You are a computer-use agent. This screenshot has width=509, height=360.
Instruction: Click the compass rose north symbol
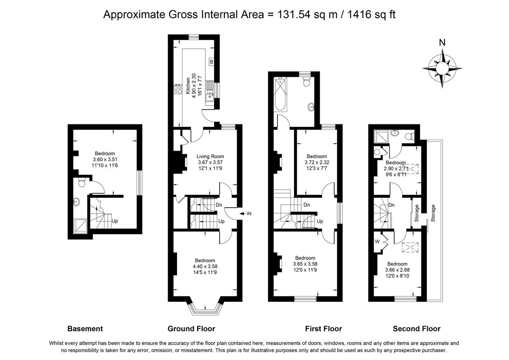(x=442, y=68)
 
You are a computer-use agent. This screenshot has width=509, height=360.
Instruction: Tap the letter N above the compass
(x=442, y=42)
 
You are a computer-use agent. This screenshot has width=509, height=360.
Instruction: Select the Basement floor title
(x=85, y=329)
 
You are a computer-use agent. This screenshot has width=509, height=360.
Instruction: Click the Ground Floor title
(x=191, y=329)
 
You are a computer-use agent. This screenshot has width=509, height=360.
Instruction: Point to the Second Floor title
(x=417, y=329)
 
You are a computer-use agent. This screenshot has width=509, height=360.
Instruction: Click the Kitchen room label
(x=188, y=86)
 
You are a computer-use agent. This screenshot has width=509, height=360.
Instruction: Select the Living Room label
(x=210, y=156)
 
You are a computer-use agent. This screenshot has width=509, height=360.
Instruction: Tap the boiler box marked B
(x=211, y=62)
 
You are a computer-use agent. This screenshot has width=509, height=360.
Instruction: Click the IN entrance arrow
(x=246, y=214)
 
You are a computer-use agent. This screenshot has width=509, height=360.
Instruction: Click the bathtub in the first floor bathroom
(x=281, y=94)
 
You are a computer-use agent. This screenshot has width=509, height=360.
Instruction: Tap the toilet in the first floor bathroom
(x=307, y=82)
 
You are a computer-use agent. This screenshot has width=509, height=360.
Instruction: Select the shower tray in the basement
(x=80, y=226)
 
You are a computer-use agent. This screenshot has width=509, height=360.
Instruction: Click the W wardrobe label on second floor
(x=377, y=242)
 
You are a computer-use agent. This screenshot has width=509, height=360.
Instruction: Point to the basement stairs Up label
(x=115, y=221)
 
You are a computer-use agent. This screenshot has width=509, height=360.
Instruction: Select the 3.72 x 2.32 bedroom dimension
(x=317, y=162)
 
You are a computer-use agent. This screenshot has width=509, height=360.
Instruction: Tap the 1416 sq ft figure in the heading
(x=371, y=14)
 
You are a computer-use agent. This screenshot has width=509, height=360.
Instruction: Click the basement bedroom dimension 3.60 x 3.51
(x=105, y=160)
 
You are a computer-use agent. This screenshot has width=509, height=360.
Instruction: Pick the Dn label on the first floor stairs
(x=307, y=205)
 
